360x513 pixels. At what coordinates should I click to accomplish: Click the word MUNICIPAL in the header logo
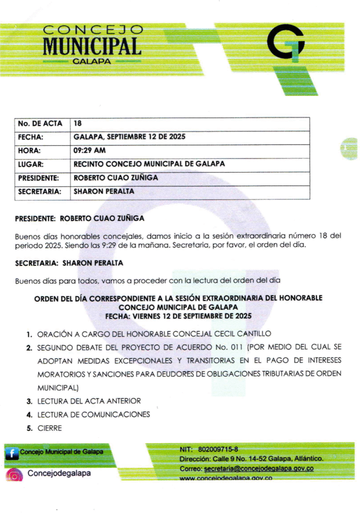click(x=92, y=47)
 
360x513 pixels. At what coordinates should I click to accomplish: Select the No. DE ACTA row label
click(x=40, y=123)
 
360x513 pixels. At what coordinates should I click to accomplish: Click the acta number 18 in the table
click(x=77, y=123)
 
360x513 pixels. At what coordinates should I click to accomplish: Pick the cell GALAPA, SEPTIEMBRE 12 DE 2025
click(x=129, y=136)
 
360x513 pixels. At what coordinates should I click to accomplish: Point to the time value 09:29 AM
click(x=90, y=150)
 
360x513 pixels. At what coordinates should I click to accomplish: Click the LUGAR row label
click(x=31, y=164)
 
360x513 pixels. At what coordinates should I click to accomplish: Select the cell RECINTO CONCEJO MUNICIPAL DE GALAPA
click(x=149, y=164)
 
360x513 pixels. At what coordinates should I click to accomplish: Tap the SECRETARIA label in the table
click(x=40, y=191)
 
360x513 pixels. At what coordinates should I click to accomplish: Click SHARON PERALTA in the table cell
click(x=104, y=191)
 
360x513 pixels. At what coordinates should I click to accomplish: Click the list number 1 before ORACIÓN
click(x=30, y=334)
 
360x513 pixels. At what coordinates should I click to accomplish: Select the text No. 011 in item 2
click(x=231, y=347)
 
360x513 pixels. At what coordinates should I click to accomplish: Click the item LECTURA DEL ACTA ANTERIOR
click(x=89, y=401)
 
